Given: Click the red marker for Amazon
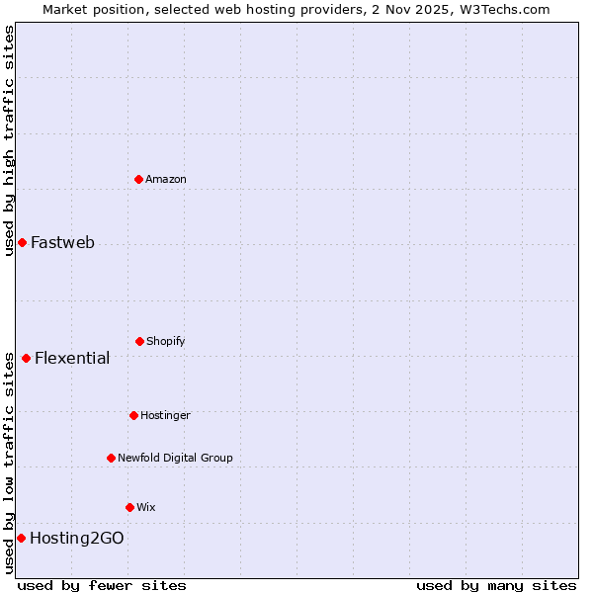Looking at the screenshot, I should pyautogui.click(x=139, y=179).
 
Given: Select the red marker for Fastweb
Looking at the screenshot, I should pyautogui.click(x=22, y=242).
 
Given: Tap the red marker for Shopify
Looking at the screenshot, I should pyautogui.click(x=139, y=341).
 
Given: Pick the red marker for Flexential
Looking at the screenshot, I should pyautogui.click(x=26, y=358).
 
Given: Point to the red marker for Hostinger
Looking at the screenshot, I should pyautogui.click(x=133, y=415).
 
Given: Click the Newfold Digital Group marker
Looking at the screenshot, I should pyautogui.click(x=111, y=458).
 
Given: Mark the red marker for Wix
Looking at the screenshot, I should pyautogui.click(x=129, y=507).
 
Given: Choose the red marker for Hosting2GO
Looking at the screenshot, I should pyautogui.click(x=21, y=538).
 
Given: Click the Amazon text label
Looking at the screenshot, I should pyautogui.click(x=166, y=179).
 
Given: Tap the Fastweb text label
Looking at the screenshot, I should pyautogui.click(x=62, y=243).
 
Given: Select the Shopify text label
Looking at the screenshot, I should pyautogui.click(x=166, y=341).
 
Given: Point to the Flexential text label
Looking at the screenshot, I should pyautogui.click(x=72, y=359).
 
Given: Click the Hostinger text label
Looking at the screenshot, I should pyautogui.click(x=165, y=415).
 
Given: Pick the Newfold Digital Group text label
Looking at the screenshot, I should pyautogui.click(x=175, y=458).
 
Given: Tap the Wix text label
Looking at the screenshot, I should pyautogui.click(x=146, y=507).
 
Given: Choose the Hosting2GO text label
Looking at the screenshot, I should pyautogui.click(x=77, y=539).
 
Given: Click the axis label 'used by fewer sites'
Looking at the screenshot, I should pyautogui.click(x=102, y=585).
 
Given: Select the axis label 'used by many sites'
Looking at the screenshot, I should pyautogui.click(x=496, y=585).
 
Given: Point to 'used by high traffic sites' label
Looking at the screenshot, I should pyautogui.click(x=9, y=140).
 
